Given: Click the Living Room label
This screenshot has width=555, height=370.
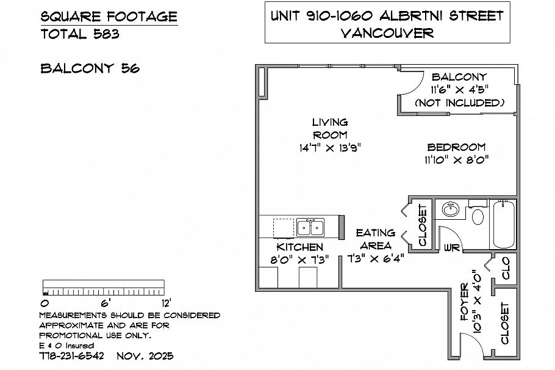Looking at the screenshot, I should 330,128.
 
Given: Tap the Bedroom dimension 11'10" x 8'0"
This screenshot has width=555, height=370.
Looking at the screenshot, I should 456,160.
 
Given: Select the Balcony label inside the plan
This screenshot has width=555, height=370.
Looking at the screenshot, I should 459,77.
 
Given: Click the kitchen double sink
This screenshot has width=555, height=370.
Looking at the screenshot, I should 310,228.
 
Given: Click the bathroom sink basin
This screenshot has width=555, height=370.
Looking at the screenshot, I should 451,209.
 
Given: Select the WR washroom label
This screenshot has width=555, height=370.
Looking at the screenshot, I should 452,248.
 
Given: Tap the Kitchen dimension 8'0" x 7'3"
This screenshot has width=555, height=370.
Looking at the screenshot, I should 299,259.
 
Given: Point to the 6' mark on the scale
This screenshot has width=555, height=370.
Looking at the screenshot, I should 104,302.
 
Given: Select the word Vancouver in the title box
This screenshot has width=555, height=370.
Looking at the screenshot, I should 387,33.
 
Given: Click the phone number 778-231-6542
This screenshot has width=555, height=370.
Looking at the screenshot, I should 71,355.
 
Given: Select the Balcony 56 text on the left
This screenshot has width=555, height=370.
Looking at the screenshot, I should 90,68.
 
